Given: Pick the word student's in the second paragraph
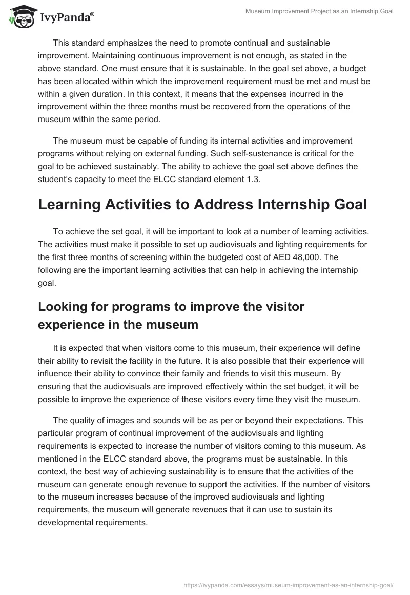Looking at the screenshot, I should click(58, 179).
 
